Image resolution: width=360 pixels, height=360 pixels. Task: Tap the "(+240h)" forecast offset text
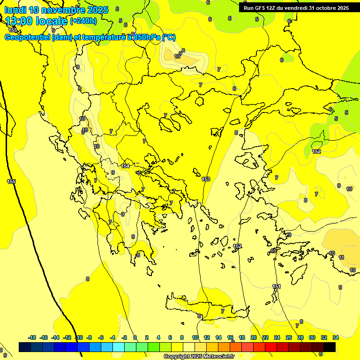(83, 21)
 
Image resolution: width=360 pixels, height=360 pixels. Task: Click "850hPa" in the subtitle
(146, 37)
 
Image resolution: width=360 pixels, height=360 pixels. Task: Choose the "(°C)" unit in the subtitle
(169, 37)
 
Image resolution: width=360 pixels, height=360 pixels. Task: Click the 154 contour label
(125, 166)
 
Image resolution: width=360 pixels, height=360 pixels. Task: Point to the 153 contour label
(206, 179)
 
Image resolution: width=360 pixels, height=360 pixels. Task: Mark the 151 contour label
(277, 286)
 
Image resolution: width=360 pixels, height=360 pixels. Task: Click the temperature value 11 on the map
(341, 257)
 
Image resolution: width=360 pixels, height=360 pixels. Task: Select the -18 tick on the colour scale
(32, 337)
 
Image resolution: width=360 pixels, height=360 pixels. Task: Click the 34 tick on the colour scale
(336, 337)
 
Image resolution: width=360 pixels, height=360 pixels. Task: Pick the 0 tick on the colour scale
(135, 337)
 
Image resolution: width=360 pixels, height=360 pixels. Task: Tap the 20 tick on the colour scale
(254, 337)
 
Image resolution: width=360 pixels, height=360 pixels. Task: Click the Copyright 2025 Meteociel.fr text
(199, 357)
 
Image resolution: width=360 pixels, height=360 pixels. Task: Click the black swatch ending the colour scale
(330, 347)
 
